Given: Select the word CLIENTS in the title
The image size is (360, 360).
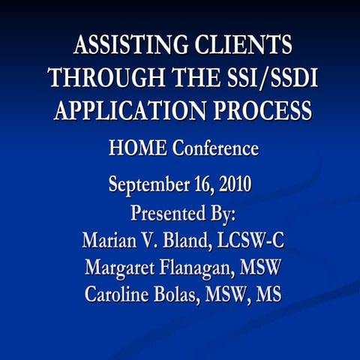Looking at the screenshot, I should pyautogui.click(x=245, y=46).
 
